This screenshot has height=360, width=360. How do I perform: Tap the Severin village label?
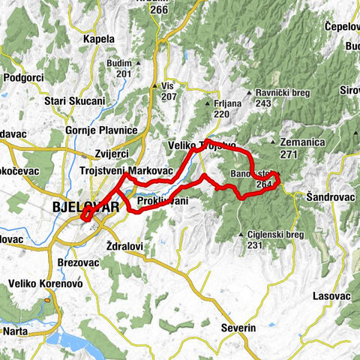[238, 328]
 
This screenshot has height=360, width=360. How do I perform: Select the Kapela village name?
[100, 38]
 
